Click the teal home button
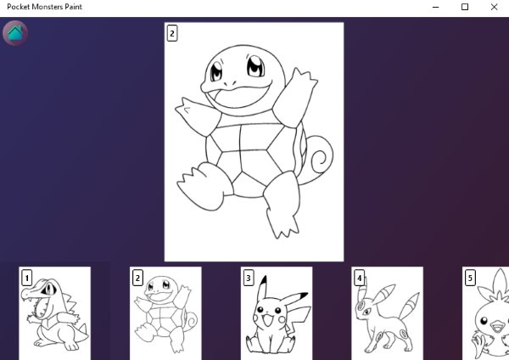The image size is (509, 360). pyautogui.click(x=15, y=33)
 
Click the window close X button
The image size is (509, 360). pyautogui.click(x=494, y=7)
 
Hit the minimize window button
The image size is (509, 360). pyautogui.click(x=436, y=7)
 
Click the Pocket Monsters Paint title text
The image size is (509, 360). pyautogui.click(x=44, y=7)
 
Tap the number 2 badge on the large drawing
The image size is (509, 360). pyautogui.click(x=172, y=33)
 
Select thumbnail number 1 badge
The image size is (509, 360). pyautogui.click(x=26, y=278)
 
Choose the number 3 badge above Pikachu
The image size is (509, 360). pyautogui.click(x=249, y=278)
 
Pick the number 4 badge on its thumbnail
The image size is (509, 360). pyautogui.click(x=359, y=278)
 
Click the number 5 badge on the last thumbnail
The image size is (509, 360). pyautogui.click(x=470, y=278)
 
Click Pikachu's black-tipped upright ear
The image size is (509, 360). pyautogui.click(x=263, y=290)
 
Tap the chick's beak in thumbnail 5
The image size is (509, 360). pyautogui.click(x=497, y=326)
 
